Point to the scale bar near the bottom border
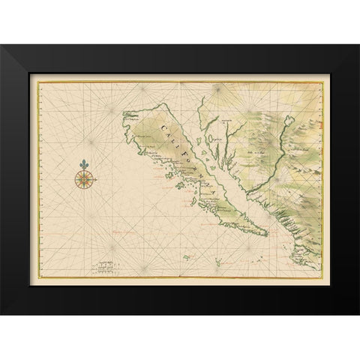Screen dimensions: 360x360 (106, 265)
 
